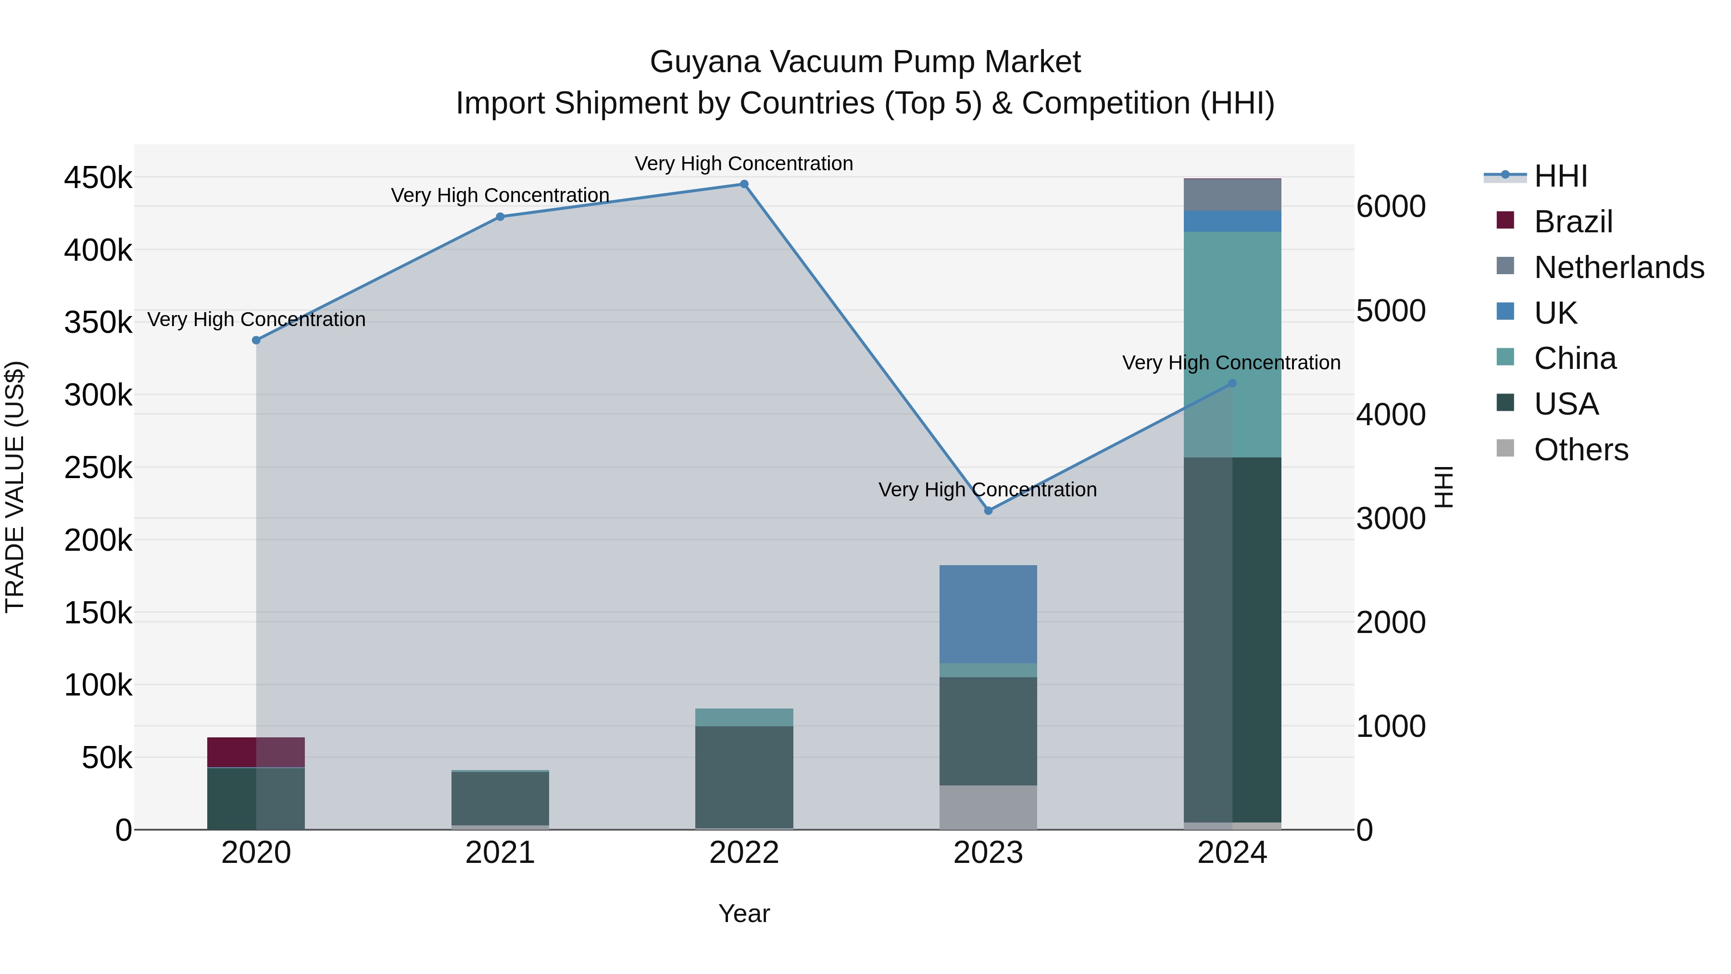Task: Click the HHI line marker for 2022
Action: click(744, 184)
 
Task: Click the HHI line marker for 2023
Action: click(988, 511)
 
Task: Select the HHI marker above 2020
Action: click(256, 340)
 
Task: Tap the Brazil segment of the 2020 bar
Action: click(255, 752)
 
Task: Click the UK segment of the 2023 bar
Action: click(988, 614)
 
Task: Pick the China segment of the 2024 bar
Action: click(1232, 344)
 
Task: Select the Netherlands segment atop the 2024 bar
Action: click(1232, 195)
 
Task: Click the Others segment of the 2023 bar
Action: click(988, 807)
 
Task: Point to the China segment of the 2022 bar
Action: click(744, 717)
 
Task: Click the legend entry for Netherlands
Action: click(1618, 267)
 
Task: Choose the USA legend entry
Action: click(1566, 404)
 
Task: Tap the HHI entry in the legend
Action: click(1560, 176)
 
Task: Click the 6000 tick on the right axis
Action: click(1390, 206)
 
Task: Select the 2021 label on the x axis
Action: click(500, 853)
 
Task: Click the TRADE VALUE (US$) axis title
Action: click(15, 487)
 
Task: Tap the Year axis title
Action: click(744, 913)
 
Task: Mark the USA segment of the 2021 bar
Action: click(500, 798)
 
